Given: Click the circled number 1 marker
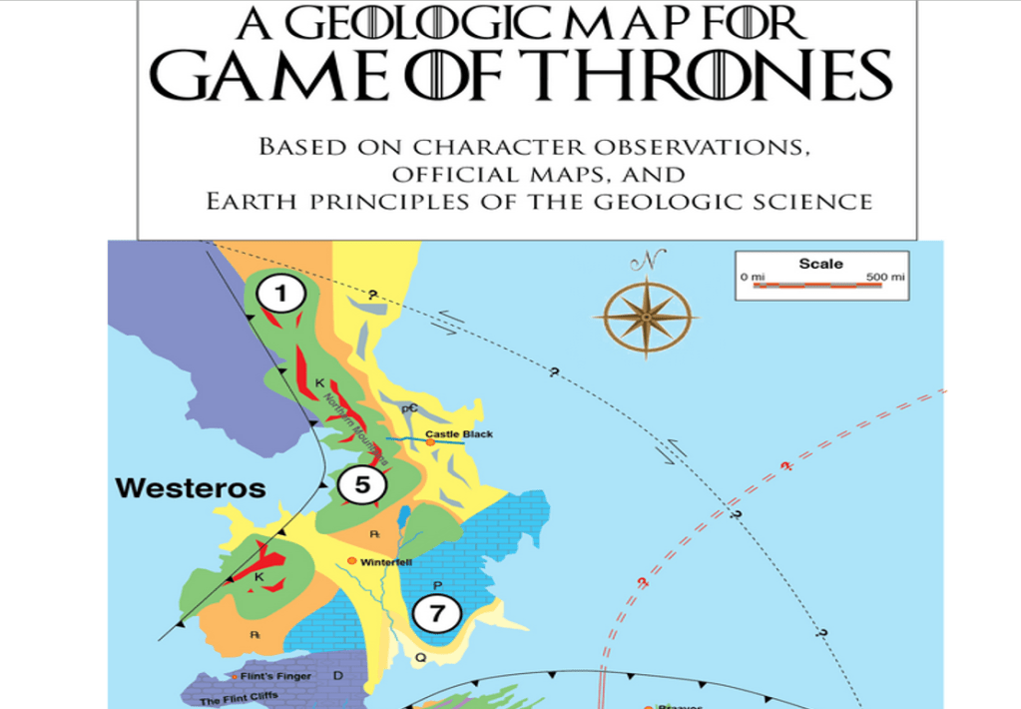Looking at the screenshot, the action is (x=281, y=294).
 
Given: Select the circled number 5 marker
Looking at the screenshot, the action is (x=361, y=485).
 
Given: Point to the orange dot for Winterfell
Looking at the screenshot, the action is (x=351, y=561).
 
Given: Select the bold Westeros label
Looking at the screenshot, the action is (x=191, y=488).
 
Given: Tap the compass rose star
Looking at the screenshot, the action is (x=646, y=317).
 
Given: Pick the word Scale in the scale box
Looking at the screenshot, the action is (x=820, y=264).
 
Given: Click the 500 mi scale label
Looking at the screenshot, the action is (x=886, y=276).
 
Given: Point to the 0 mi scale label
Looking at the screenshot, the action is (x=751, y=276).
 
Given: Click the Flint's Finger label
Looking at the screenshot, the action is (x=275, y=676).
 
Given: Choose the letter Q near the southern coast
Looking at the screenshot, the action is (x=420, y=658).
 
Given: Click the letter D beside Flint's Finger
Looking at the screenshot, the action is (x=337, y=676).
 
